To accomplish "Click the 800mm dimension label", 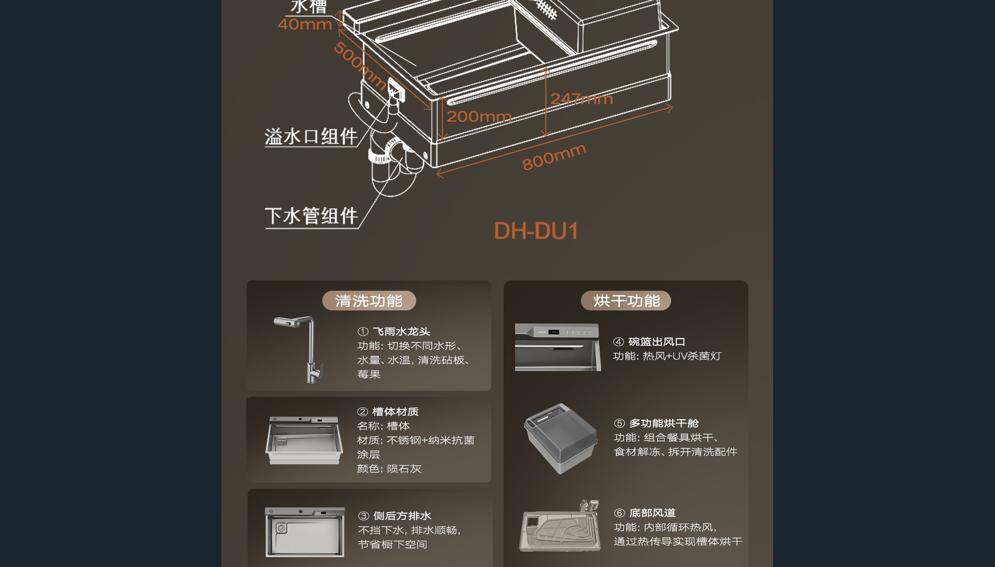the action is click(554, 157).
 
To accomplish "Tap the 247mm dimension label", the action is click(581, 98).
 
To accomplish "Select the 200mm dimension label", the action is click(479, 117).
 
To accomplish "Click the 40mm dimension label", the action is click(305, 24).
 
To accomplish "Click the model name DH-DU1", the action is click(536, 231).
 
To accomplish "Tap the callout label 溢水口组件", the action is click(311, 137).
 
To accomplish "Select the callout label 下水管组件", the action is click(311, 216).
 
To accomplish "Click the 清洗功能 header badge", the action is click(369, 301).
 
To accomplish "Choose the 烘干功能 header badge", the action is click(626, 301).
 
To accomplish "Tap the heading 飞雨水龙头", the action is click(402, 332).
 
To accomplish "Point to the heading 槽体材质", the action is click(395, 412).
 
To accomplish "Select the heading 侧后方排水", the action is click(402, 516).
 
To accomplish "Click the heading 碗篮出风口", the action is click(657, 342).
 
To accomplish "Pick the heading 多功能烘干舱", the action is click(664, 423).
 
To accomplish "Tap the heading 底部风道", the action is click(652, 513).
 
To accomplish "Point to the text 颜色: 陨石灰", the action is click(389, 469).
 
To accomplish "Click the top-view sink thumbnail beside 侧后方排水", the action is click(305, 532).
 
